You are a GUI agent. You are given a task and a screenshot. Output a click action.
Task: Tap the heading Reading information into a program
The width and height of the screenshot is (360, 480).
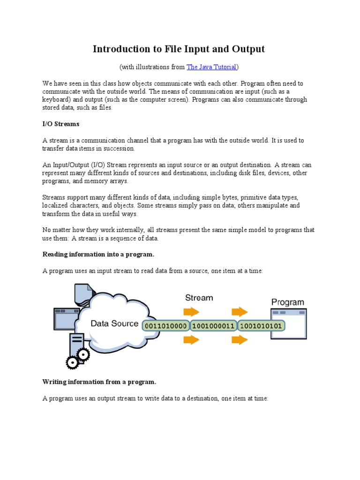pos(98,254)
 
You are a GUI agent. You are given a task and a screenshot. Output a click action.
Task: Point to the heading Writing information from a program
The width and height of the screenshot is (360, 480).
pos(99,382)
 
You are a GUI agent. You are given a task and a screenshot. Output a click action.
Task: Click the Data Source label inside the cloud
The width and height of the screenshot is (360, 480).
pos(114,323)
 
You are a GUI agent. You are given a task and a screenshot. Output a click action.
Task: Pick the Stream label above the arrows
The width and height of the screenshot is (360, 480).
pos(199,298)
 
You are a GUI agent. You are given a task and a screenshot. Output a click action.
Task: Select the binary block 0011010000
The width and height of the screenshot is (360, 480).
pos(166,325)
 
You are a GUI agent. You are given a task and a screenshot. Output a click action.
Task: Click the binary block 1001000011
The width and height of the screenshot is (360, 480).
pos(213,325)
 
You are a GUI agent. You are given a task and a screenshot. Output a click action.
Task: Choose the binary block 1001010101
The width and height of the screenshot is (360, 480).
pos(262,325)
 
